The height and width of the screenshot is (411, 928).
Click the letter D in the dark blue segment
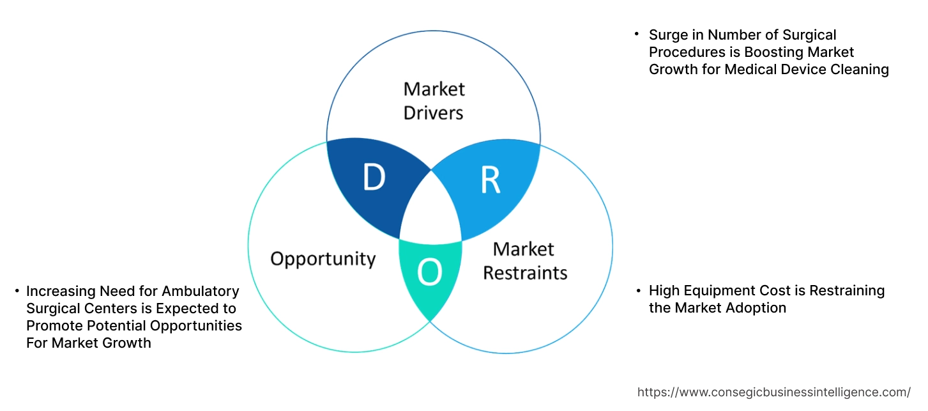click(374, 178)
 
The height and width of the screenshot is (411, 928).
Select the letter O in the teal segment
click(430, 273)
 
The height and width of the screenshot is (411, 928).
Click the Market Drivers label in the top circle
click(434, 100)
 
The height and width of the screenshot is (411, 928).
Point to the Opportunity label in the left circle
click(323, 259)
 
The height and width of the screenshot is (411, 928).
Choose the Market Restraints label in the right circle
click(524, 261)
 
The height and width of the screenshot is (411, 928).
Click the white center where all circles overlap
click(432, 212)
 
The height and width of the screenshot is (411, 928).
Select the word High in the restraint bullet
click(664, 291)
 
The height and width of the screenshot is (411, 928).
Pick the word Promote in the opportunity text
click(54, 326)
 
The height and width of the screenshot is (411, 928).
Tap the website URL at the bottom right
click(774, 392)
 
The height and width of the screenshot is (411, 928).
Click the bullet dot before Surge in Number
click(637, 35)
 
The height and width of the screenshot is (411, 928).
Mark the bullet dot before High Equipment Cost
click(638, 291)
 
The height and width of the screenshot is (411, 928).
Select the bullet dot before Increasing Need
click(17, 291)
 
